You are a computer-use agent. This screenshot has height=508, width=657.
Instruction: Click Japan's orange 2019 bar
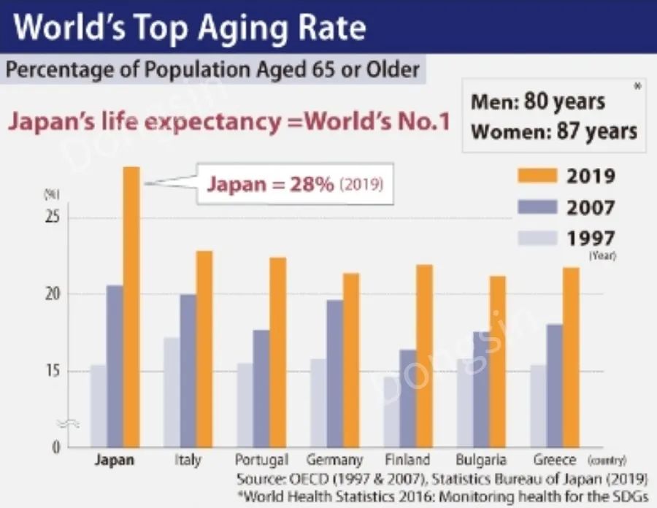(131, 307)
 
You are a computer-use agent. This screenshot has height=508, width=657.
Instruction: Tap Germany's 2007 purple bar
(334, 373)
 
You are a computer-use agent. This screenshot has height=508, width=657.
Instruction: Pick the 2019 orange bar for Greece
(572, 357)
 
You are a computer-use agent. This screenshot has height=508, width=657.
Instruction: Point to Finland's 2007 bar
(408, 398)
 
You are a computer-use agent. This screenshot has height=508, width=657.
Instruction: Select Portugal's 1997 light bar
(245, 405)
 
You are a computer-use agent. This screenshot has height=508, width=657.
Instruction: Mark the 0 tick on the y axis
(54, 447)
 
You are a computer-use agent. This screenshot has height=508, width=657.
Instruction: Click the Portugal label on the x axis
(261, 461)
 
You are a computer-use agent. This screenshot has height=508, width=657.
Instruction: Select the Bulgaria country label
(482, 461)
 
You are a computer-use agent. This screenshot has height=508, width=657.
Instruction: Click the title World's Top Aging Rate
(190, 27)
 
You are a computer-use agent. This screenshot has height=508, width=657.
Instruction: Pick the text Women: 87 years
(554, 131)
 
